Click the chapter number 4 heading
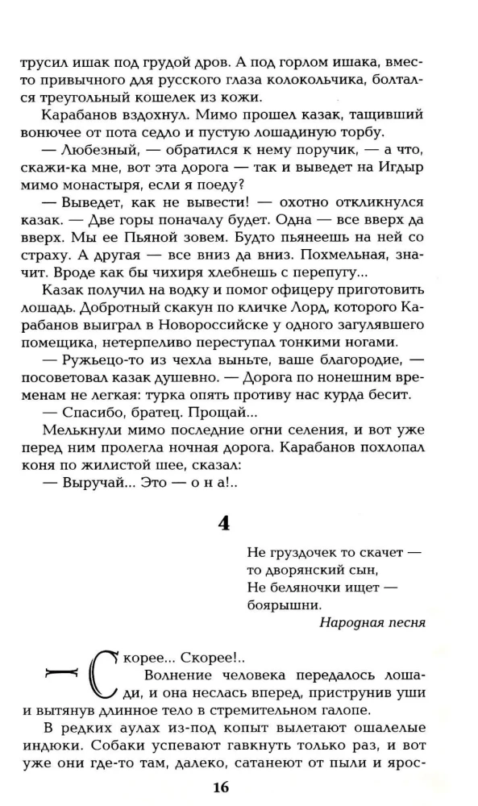coord(224,522)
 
